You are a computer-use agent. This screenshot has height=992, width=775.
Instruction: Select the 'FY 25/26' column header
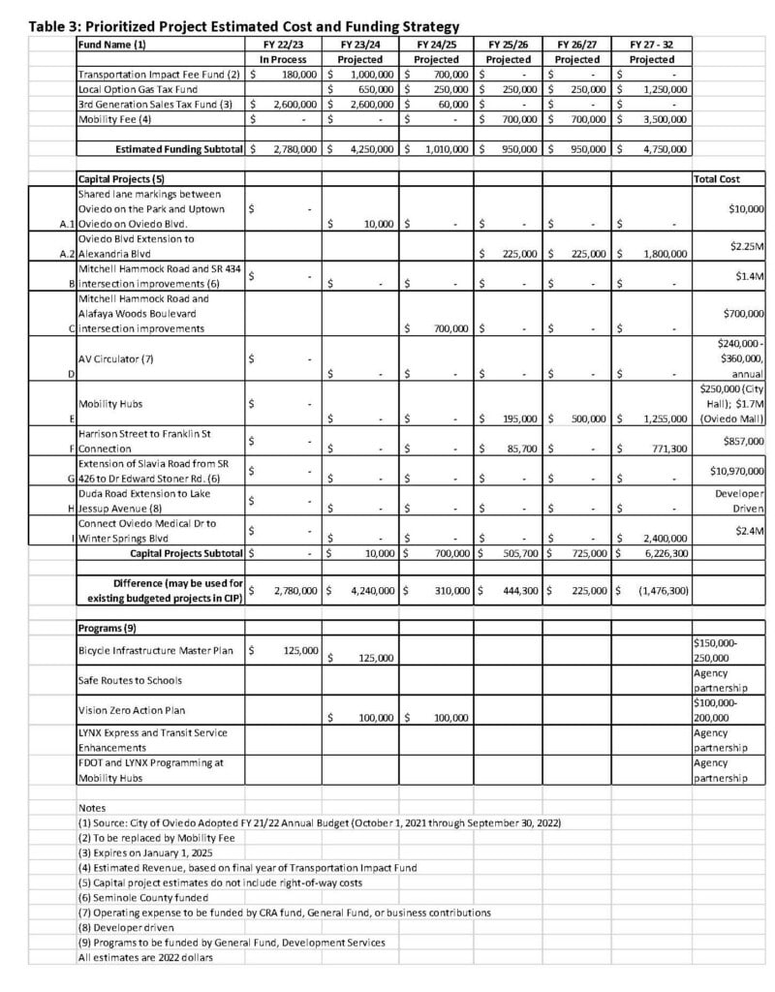pyautogui.click(x=508, y=45)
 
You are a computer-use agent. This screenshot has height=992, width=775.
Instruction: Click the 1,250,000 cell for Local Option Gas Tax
pyautogui.click(x=661, y=89)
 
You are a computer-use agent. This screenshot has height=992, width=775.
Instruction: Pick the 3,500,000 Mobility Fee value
pyautogui.click(x=661, y=119)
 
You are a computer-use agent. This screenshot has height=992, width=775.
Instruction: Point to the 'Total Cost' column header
pyautogui.click(x=716, y=180)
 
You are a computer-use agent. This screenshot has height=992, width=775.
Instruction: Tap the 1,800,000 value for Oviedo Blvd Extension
pyautogui.click(x=661, y=255)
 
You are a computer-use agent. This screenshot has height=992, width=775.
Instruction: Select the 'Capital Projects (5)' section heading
pyautogui.click(x=122, y=180)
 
